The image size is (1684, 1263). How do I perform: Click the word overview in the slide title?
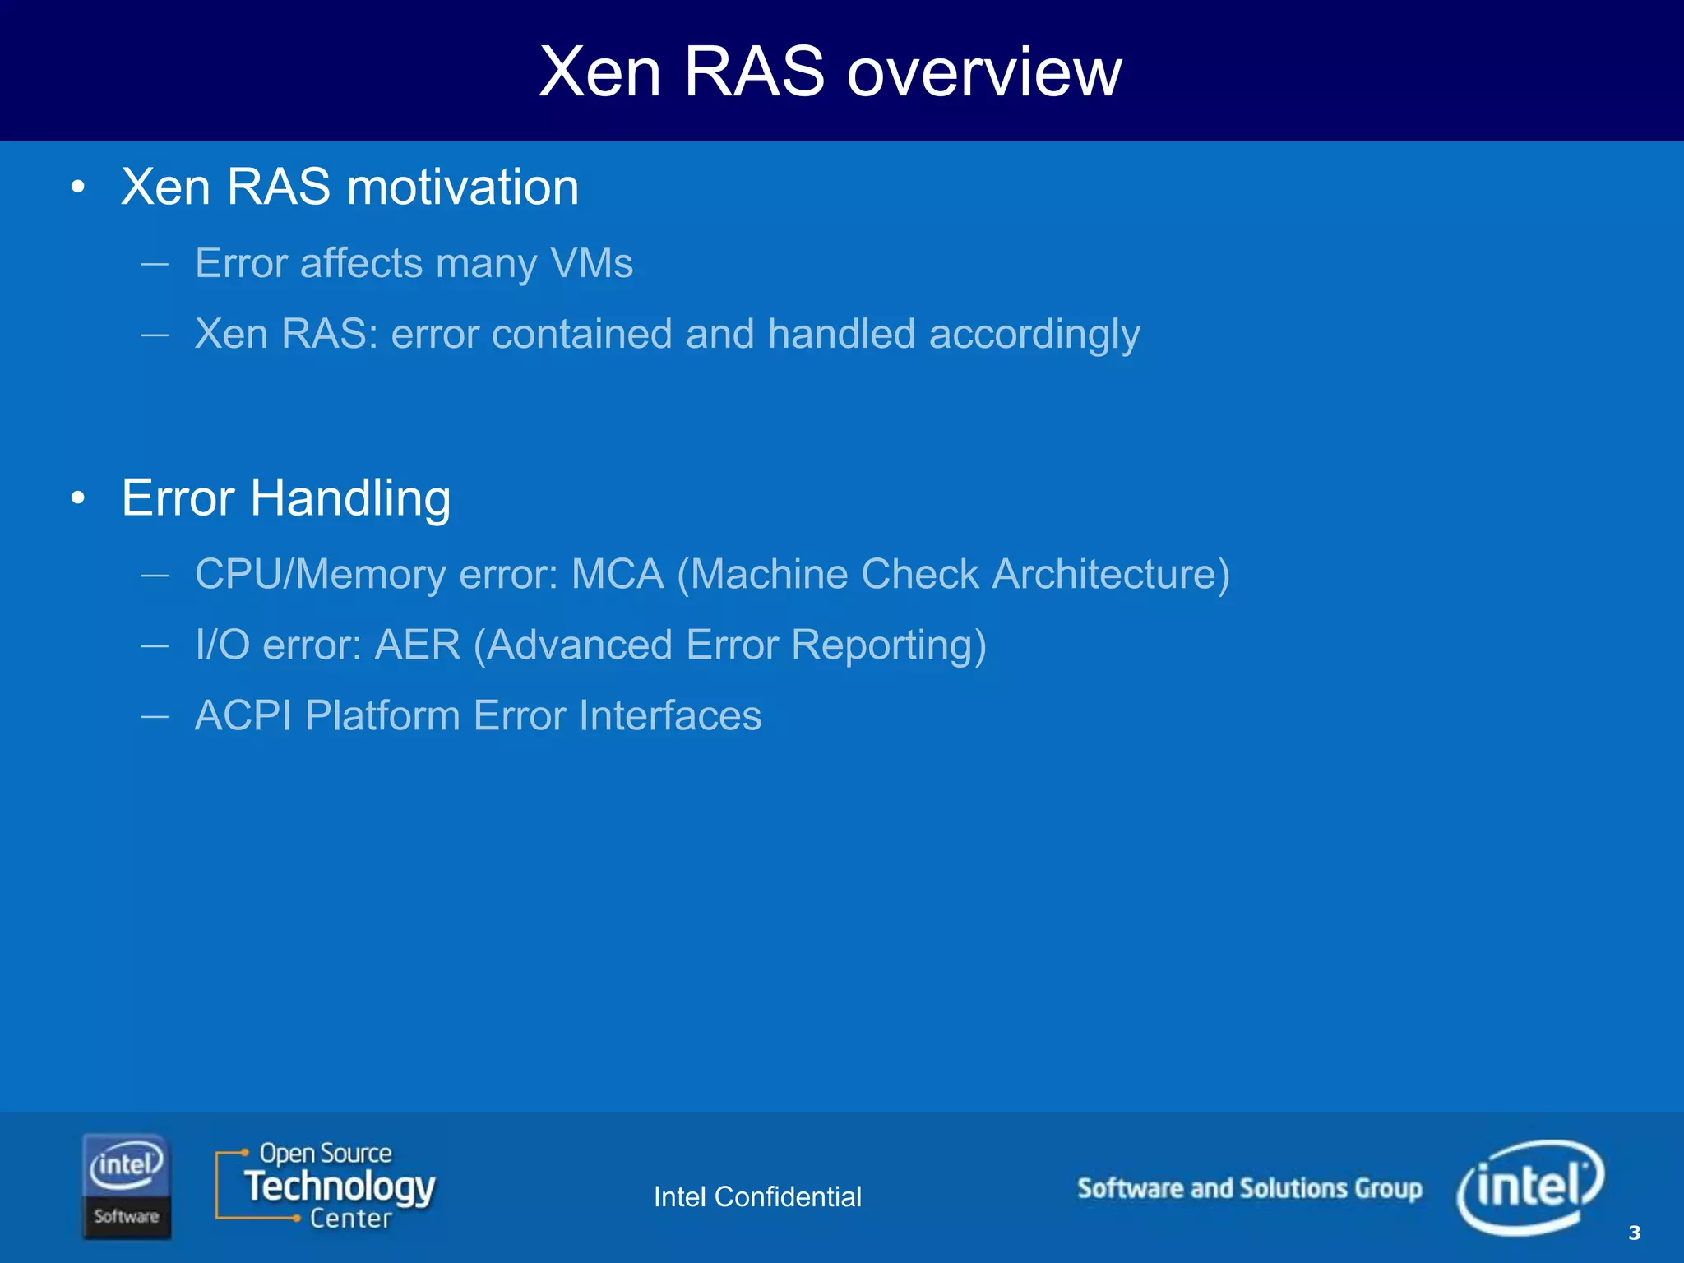tap(983, 72)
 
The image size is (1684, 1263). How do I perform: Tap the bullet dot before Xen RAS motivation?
tap(78, 187)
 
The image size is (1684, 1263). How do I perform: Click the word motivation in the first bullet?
tap(463, 187)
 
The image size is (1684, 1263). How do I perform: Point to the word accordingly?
tap(1034, 335)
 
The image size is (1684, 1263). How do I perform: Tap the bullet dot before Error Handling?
tap(78, 498)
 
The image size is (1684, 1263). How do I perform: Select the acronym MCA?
tap(617, 574)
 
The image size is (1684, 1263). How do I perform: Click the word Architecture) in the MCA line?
tap(1111, 574)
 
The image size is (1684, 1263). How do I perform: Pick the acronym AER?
tap(418, 645)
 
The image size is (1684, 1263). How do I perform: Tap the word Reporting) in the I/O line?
tap(888, 645)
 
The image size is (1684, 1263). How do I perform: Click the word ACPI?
tap(243, 715)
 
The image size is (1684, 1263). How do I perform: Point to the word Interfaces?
tap(669, 715)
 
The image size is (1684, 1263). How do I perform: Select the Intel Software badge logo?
tap(126, 1186)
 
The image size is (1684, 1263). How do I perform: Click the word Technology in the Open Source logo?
tap(340, 1187)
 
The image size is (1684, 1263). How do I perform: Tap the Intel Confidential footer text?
tap(756, 1197)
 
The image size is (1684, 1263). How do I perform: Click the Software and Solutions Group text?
tap(1249, 1188)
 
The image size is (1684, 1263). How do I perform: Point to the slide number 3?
tap(1634, 1233)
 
